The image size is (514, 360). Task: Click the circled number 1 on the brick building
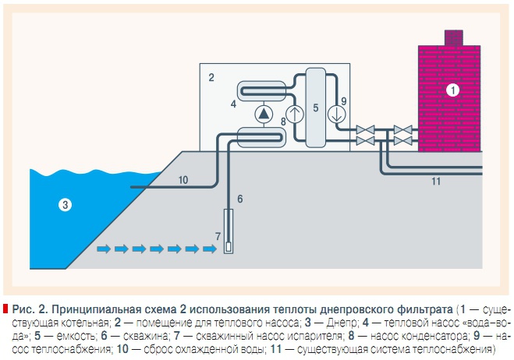click(452, 90)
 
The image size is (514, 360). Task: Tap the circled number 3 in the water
click(66, 206)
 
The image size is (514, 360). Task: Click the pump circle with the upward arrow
click(294, 115)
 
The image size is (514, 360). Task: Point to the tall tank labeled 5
click(316, 108)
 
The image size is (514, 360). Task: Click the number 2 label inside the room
click(211, 78)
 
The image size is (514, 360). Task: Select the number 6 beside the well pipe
click(240, 199)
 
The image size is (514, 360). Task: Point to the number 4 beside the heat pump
click(232, 102)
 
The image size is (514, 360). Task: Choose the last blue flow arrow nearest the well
click(208, 249)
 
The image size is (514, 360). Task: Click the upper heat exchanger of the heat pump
click(264, 90)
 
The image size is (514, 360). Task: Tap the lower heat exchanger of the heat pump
click(264, 137)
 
